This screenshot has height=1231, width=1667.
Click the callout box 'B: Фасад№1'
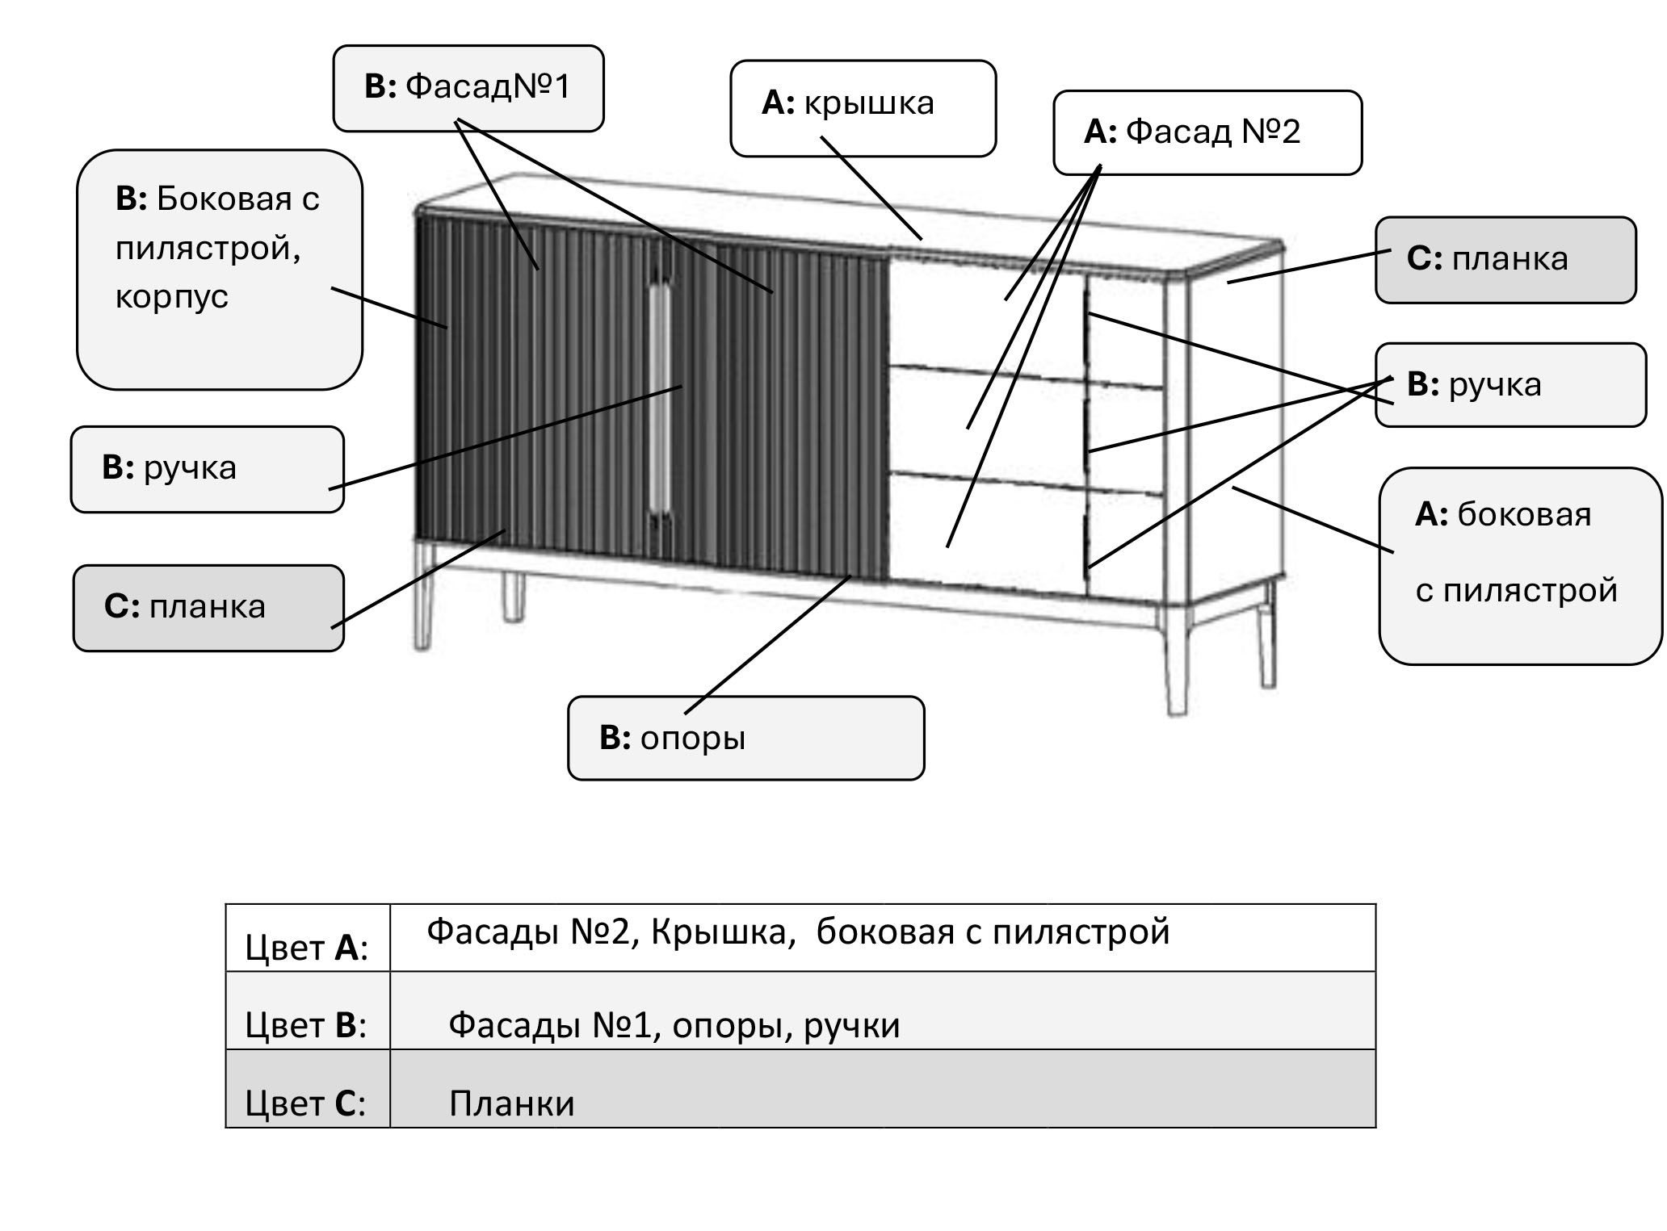click(468, 88)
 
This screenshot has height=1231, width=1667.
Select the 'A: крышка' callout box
click(863, 107)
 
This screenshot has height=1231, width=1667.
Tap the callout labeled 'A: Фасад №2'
click(1207, 132)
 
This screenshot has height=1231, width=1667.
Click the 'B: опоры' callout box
click(745, 738)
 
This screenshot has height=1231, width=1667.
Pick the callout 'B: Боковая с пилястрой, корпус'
click(220, 269)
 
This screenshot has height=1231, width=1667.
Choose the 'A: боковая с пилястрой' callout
click(1519, 566)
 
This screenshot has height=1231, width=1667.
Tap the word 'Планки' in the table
click(511, 1103)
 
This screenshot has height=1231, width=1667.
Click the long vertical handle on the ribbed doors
click(660, 396)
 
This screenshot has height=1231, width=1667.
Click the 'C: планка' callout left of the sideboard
click(208, 607)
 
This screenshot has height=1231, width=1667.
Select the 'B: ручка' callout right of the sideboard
click(1510, 385)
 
